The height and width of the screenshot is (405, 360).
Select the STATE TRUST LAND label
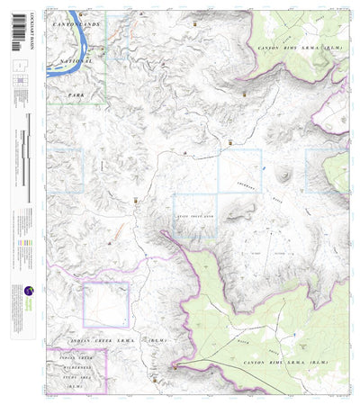(x=194, y=217)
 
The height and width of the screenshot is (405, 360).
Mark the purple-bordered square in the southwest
(x=105, y=304)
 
